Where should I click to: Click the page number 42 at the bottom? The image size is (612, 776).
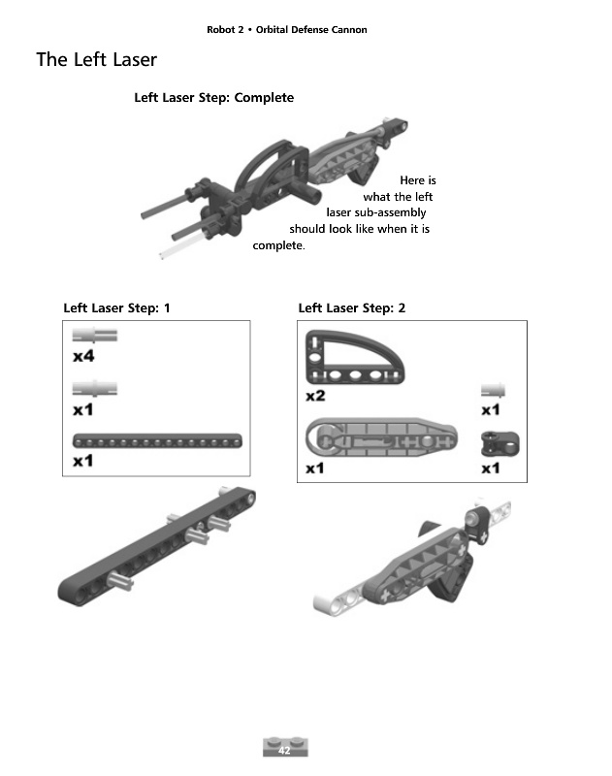click(284, 750)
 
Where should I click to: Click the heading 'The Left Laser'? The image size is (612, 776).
click(96, 60)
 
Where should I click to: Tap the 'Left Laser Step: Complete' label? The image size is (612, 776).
click(213, 98)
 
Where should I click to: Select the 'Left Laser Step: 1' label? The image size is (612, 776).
click(116, 308)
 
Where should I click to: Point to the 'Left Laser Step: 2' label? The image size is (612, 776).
click(352, 308)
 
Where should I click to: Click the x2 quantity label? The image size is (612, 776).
click(315, 396)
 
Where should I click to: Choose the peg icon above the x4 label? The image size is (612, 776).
click(95, 337)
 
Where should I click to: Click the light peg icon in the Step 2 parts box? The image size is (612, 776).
click(495, 389)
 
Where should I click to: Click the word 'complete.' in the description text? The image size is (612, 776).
click(278, 246)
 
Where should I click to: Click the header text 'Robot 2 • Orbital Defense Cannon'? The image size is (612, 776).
click(287, 29)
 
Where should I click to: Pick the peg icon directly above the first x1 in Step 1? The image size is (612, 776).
click(95, 388)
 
